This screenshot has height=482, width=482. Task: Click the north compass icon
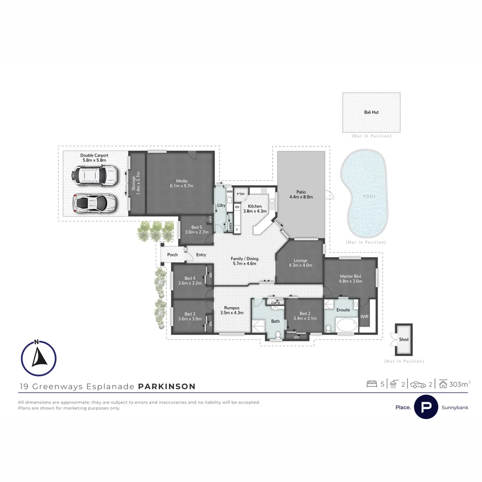click(38, 358)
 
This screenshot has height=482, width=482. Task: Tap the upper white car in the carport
click(96, 175)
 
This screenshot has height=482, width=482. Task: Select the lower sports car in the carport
click(95, 203)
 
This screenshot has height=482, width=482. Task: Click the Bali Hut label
click(371, 112)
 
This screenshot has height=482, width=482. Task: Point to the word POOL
click(369, 196)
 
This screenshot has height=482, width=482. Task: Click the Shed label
click(403, 340)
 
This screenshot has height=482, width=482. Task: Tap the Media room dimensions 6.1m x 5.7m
click(181, 186)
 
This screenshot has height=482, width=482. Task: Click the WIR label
click(365, 316)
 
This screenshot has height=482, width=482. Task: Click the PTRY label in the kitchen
click(241, 194)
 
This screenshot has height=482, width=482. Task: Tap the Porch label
click(172, 255)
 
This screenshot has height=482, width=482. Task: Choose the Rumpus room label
click(232, 308)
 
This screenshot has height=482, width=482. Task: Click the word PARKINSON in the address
click(167, 386)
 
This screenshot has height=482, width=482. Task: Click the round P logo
click(426, 407)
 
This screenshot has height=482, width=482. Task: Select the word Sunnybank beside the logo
click(454, 407)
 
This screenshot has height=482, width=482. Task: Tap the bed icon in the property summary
click(371, 384)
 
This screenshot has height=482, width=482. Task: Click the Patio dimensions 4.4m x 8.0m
click(301, 197)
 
